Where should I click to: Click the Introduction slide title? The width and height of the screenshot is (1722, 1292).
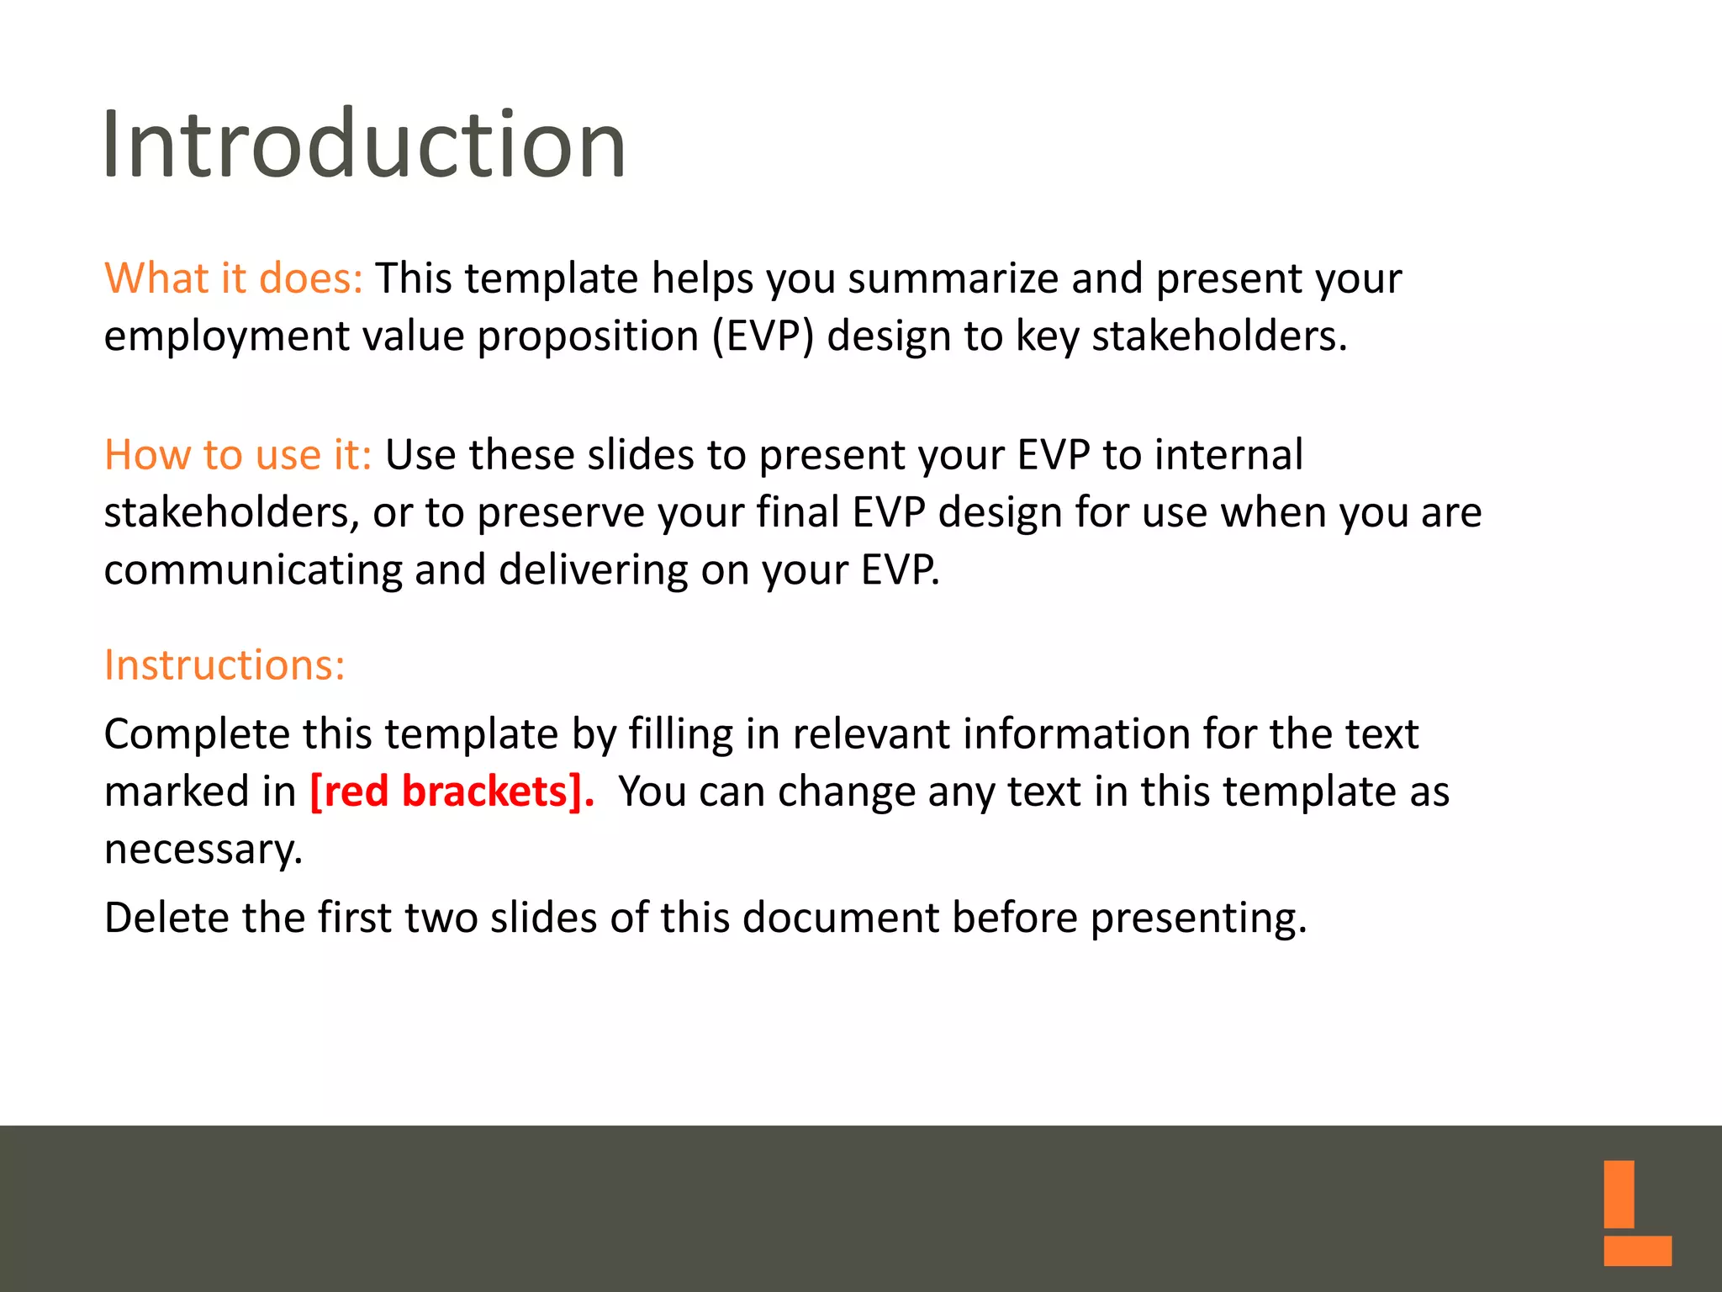363,145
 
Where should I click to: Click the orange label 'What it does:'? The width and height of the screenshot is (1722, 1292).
233,278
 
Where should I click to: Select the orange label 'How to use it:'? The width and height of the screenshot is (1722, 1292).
237,455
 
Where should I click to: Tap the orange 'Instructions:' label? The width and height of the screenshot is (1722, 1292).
224,665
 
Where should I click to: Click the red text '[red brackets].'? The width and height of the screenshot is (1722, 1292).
452,792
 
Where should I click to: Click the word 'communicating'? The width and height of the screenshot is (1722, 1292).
253,570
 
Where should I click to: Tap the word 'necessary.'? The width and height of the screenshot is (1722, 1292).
203,850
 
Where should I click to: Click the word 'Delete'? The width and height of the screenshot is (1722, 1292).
166,917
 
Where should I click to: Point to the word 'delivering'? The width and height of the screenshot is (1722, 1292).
593,570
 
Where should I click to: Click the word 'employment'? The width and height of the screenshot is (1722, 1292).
226,336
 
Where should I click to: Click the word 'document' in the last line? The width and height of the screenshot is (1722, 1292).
840,917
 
